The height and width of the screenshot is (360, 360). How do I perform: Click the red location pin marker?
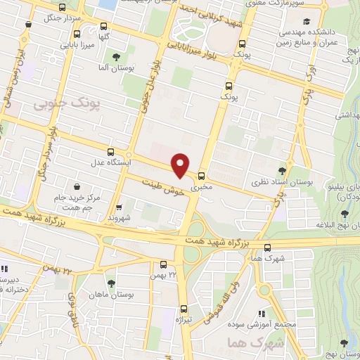coord(181,165)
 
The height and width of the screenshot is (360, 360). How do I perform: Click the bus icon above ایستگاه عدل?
coord(110,152)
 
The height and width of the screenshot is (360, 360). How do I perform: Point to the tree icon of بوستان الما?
coord(117,58)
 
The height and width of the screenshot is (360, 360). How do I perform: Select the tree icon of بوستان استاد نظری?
coord(282,170)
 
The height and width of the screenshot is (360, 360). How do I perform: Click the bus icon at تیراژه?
coord(184,308)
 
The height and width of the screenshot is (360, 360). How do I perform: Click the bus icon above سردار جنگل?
coord(64,8)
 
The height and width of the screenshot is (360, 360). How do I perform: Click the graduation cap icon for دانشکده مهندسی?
coord(306,20)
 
